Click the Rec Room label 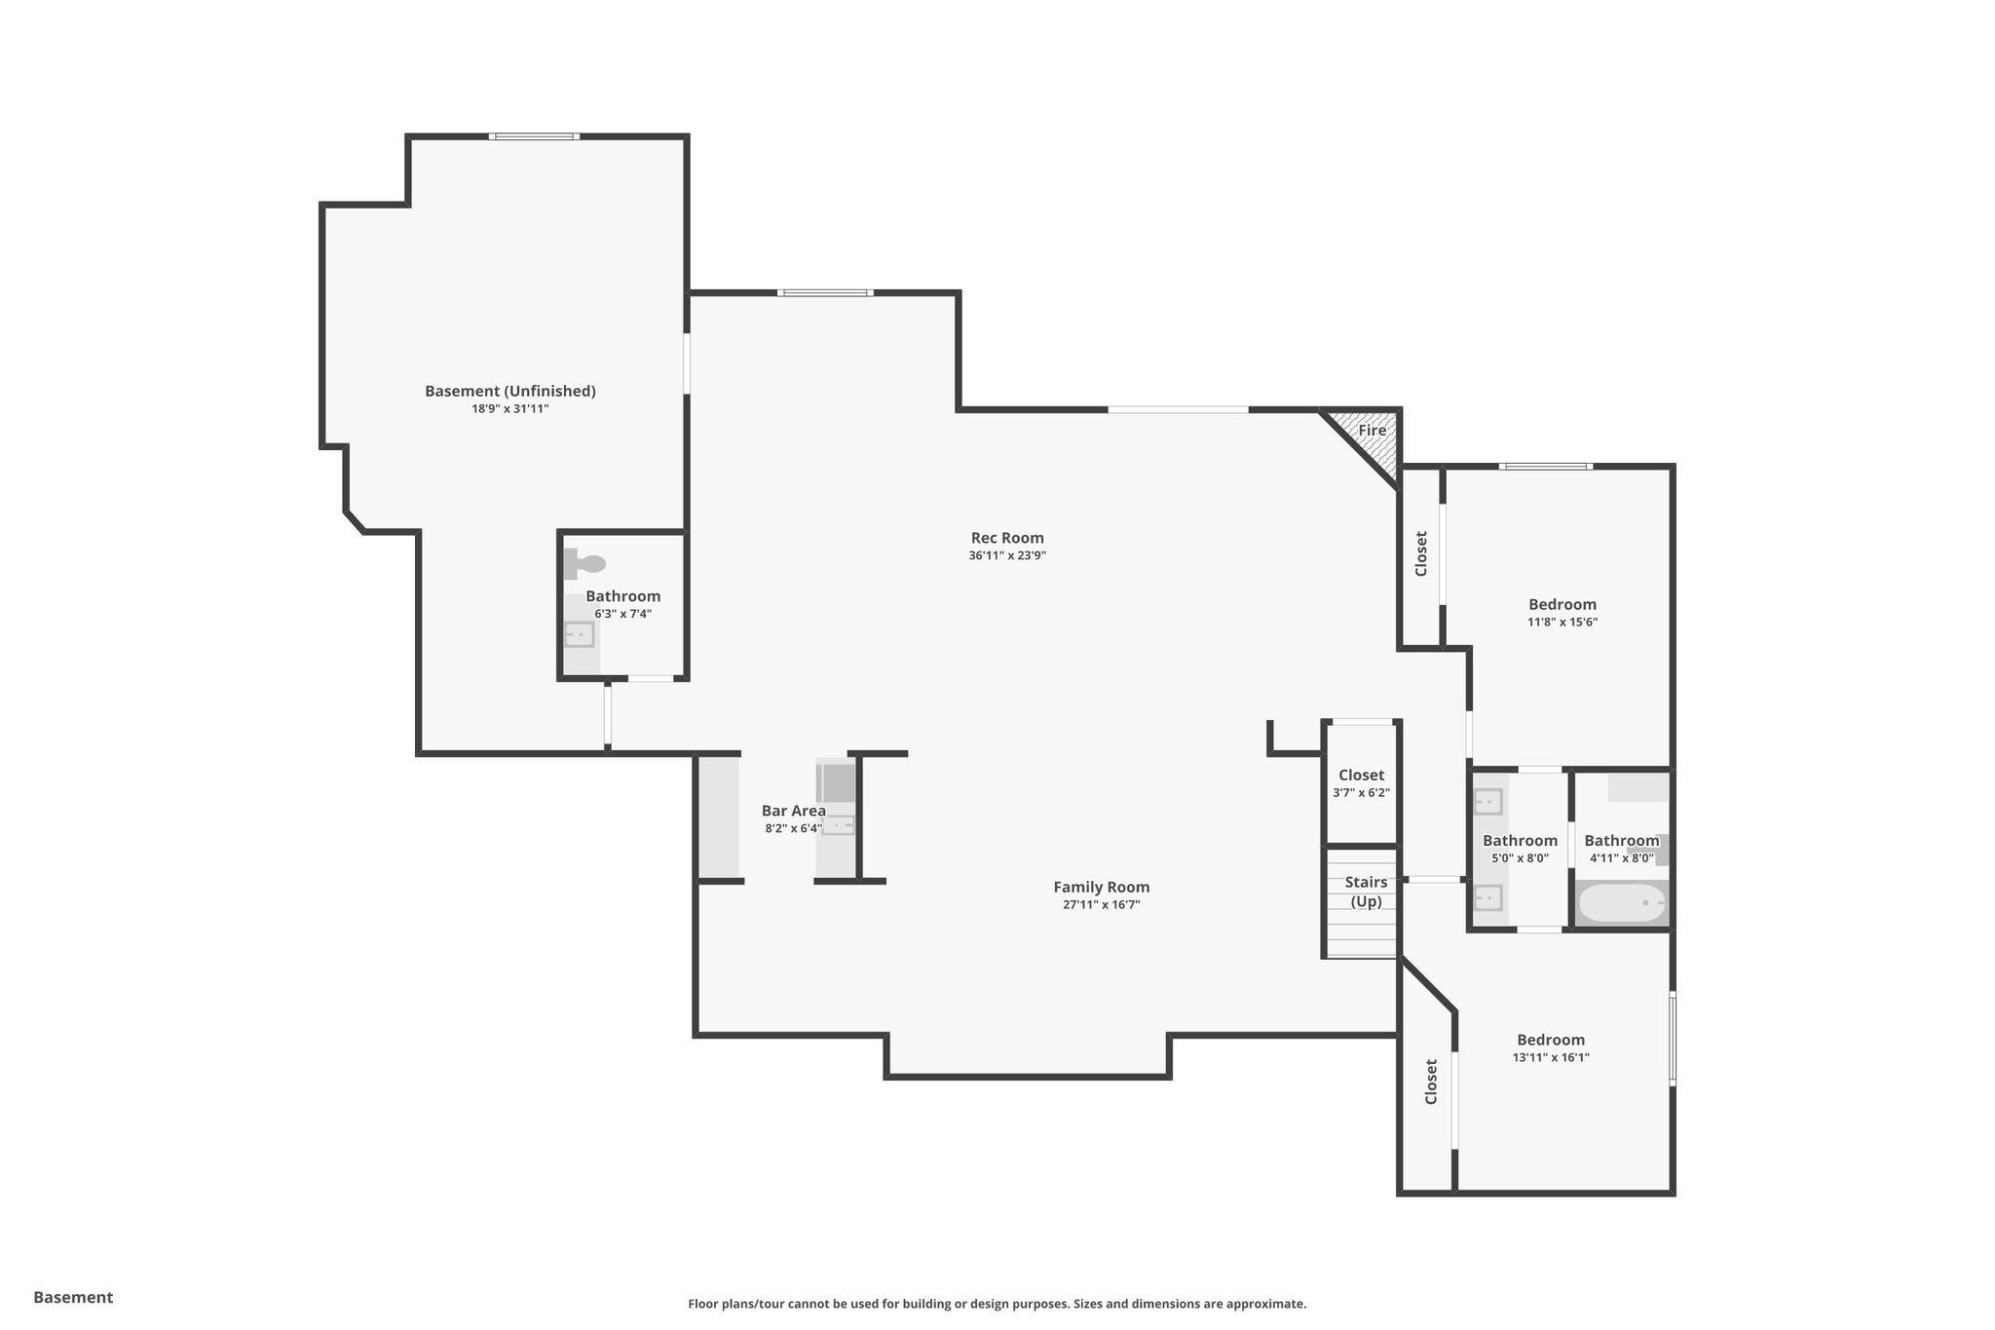(1007, 538)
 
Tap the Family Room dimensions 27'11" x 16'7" (1101, 905)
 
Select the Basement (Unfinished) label (509, 391)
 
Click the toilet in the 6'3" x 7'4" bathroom (585, 563)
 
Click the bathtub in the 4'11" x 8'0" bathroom (1621, 903)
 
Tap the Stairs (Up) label (1366, 892)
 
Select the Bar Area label (793, 811)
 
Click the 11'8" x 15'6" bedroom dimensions (1562, 622)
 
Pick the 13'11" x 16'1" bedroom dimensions (1551, 1057)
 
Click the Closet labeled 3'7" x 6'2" (1361, 776)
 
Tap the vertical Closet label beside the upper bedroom (1421, 553)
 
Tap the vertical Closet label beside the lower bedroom (1431, 1082)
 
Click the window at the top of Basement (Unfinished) (534, 136)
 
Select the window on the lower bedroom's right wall (1673, 1039)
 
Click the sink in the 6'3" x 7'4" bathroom (579, 635)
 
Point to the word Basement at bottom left (73, 1297)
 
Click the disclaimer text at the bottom (997, 1304)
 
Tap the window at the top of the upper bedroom (1546, 467)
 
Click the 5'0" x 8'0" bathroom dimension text (1520, 858)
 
